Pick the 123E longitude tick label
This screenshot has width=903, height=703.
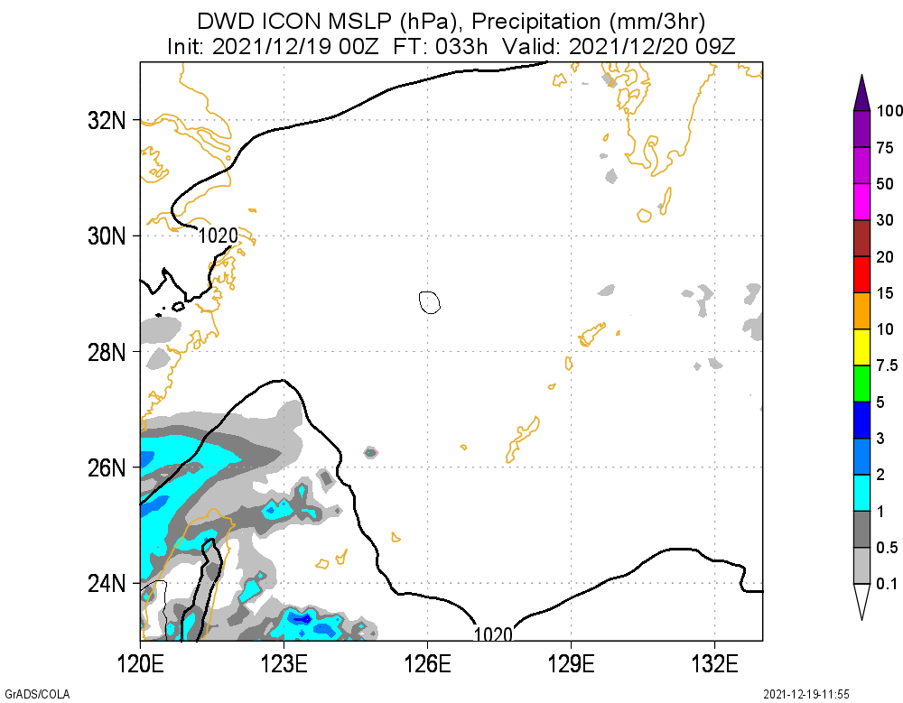(284, 665)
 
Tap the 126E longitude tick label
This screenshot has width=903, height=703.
(428, 665)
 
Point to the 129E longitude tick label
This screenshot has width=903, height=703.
(571, 665)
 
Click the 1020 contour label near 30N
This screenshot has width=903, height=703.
(219, 236)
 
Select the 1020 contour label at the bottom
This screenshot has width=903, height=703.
(493, 634)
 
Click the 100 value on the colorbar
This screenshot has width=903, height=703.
(890, 111)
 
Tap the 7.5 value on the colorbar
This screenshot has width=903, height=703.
(887, 365)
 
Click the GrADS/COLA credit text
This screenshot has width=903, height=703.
(36, 694)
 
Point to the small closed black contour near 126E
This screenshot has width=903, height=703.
(430, 302)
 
